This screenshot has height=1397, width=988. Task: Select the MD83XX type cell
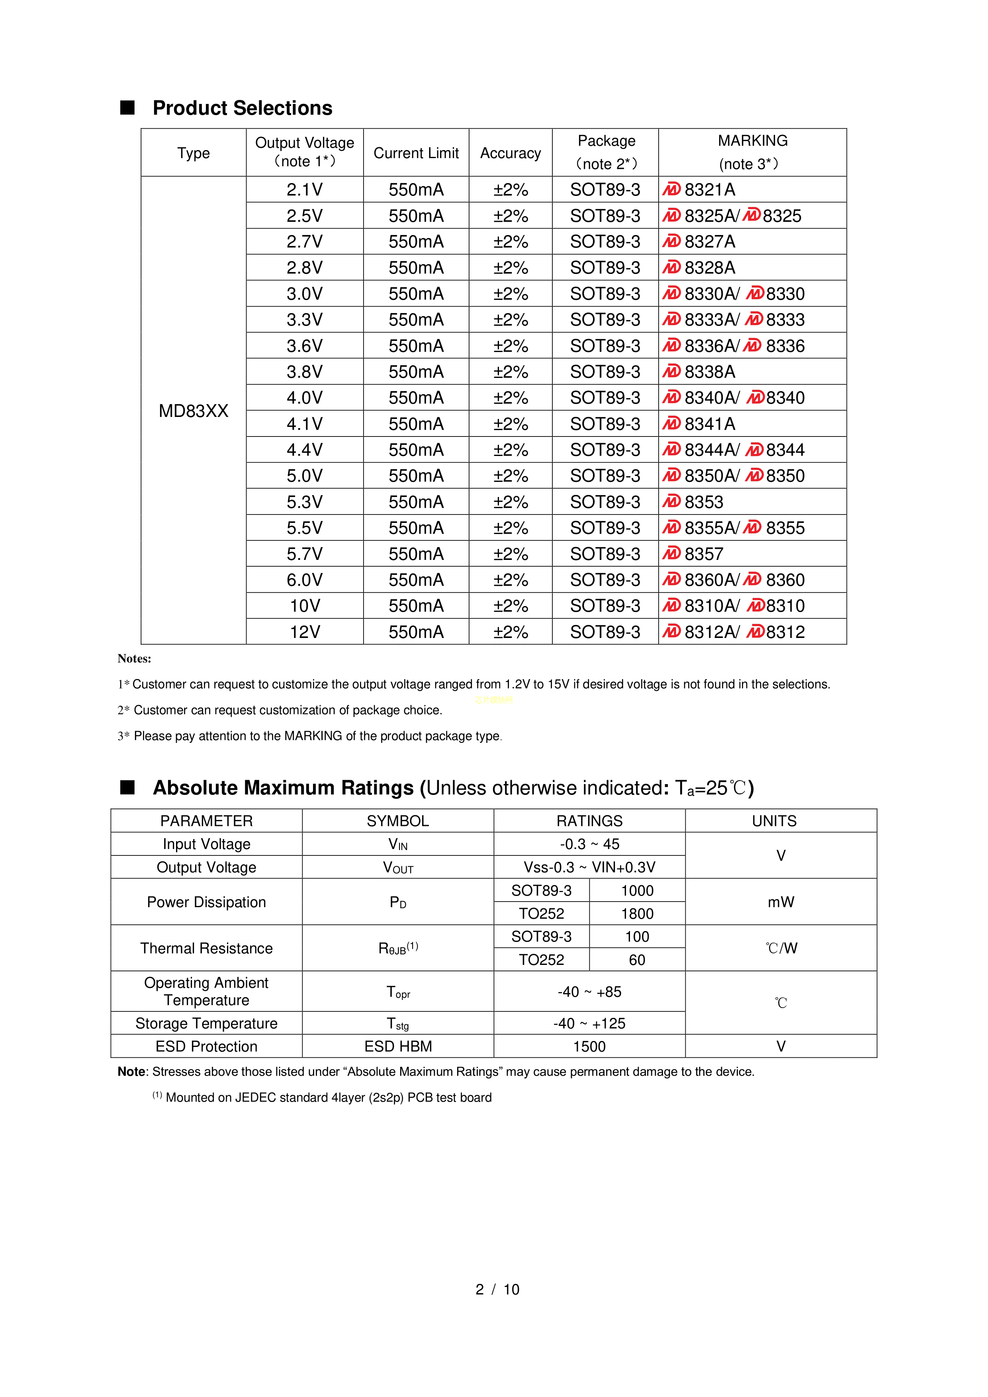point(194,411)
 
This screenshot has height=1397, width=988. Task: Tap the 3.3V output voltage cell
point(305,319)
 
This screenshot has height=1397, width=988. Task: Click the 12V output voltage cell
point(305,632)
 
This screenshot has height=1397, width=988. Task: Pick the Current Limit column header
point(416,153)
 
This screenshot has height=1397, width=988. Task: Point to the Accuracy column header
point(511,153)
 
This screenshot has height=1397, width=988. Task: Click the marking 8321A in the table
point(709,190)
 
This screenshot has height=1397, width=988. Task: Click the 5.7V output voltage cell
point(305,554)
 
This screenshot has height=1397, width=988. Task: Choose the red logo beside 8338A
point(672,371)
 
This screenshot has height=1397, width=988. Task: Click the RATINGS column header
point(589,821)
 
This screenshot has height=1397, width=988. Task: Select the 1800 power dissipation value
point(637,913)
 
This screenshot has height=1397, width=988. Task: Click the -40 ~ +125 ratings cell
point(589,1023)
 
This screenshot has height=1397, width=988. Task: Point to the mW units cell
point(781,902)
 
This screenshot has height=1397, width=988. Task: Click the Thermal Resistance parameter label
point(206,948)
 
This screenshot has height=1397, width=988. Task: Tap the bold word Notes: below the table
point(135,658)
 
